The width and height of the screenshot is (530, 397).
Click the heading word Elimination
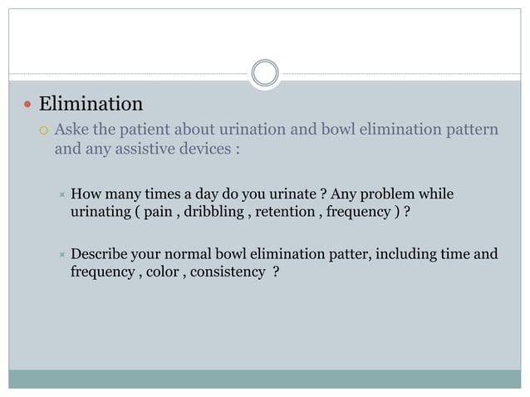91,104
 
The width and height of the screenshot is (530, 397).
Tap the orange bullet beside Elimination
27,105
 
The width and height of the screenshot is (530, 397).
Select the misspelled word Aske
72,130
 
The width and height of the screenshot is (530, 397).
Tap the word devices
204,150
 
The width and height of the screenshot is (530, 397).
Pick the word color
160,272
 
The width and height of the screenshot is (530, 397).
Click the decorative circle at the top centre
265,72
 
